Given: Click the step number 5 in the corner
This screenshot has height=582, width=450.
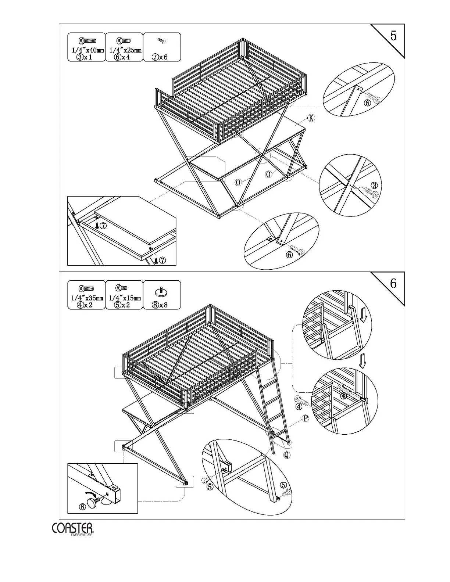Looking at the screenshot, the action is tap(393, 36).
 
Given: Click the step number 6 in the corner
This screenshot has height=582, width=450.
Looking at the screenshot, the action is tap(393, 284).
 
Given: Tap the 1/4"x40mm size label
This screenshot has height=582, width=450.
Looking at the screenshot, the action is tap(87, 51).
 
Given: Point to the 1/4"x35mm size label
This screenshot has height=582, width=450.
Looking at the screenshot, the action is tap(87, 298).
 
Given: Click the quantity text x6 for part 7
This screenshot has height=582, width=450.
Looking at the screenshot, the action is tap(164, 57).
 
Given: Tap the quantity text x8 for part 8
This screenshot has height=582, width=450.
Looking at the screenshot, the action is tap(164, 305).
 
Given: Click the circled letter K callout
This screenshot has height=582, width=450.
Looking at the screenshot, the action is tap(311, 118).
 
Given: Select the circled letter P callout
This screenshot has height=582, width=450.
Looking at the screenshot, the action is tap(305, 418).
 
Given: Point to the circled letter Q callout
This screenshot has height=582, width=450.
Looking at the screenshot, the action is tap(286, 455).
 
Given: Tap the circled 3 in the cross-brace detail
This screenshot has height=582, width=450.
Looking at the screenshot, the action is tap(374, 185).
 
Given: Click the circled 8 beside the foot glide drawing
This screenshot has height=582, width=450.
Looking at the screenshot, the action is tap(83, 506).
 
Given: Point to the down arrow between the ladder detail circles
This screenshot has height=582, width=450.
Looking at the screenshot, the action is tap(362, 361).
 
